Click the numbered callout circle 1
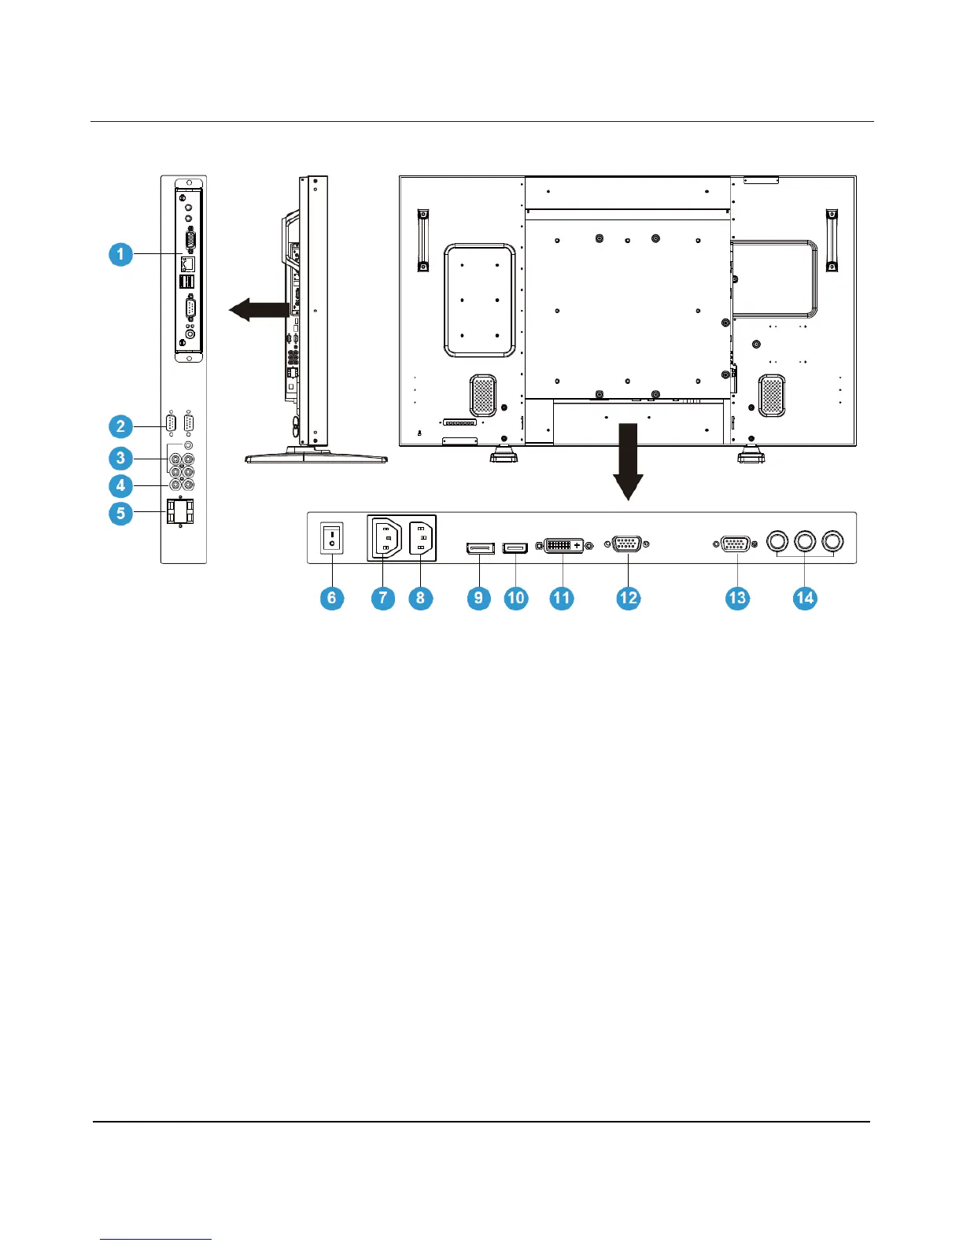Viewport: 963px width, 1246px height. coord(120,254)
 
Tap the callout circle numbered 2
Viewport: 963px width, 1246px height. coord(120,426)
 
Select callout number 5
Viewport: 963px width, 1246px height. coord(120,514)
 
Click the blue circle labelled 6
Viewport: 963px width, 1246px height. coord(332,598)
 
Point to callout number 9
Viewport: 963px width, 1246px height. coord(478,598)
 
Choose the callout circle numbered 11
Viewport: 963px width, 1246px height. coord(562,598)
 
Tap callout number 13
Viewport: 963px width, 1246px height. coord(737,598)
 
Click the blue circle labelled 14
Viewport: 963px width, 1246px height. coord(805,598)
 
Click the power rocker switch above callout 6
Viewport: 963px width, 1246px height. coord(332,540)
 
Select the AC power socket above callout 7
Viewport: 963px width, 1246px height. coord(385,539)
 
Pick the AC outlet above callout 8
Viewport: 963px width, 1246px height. coord(422,539)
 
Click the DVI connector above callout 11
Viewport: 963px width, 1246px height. coord(564,545)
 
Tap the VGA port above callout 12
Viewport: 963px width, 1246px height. coord(626,544)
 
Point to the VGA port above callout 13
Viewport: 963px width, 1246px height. coord(736,544)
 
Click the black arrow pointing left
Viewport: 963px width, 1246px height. coord(257,310)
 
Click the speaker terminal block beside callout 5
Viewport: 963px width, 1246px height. coord(180,513)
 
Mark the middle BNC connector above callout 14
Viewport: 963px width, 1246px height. coord(805,541)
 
